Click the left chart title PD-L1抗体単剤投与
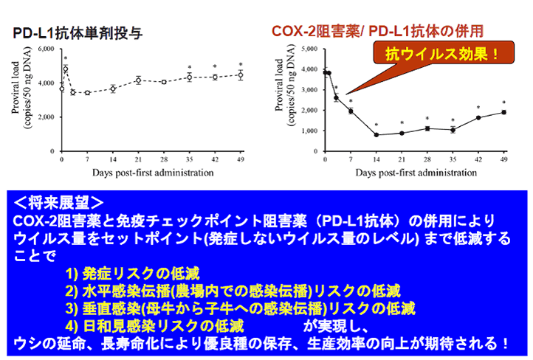point(78,33)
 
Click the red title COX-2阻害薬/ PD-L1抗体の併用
point(377,31)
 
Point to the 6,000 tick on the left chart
point(47,49)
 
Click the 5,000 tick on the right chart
point(309,49)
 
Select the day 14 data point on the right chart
point(376,135)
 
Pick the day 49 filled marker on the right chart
point(503,112)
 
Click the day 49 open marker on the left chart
point(241,75)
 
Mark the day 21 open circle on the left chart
point(138,80)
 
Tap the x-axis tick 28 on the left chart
point(164,159)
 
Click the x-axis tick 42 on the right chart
point(478,159)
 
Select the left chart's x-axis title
point(153,173)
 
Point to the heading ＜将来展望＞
point(59,203)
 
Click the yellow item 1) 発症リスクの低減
point(132,274)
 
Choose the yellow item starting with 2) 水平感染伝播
point(233,291)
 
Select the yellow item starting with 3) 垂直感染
point(241,308)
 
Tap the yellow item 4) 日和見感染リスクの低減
point(154,326)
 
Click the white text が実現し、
point(336,326)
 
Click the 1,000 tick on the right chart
point(309,131)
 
